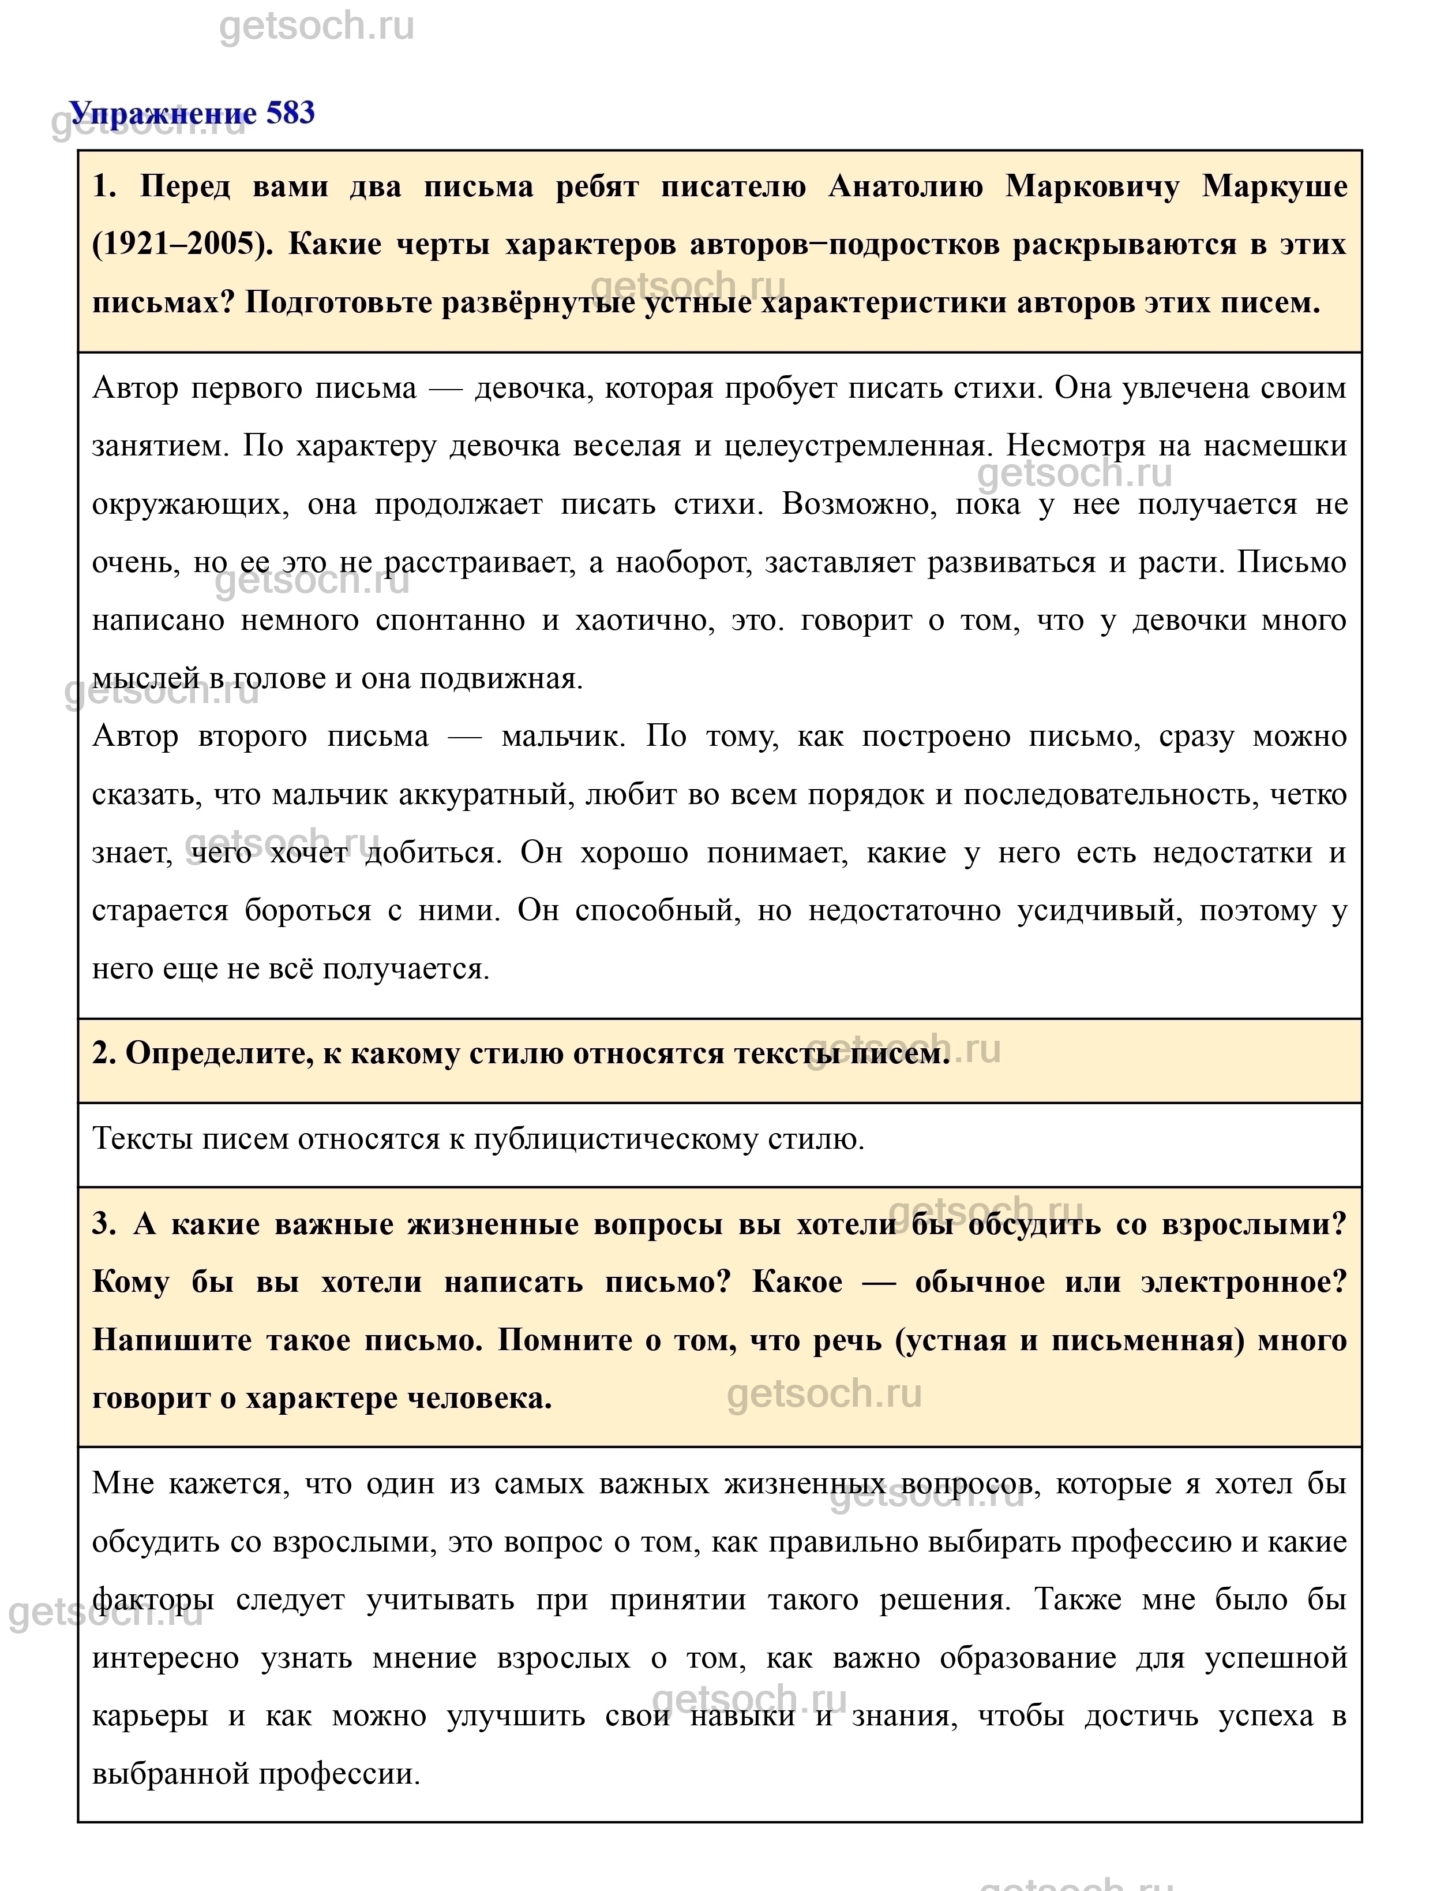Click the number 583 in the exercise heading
click(291, 112)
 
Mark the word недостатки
click(1232, 853)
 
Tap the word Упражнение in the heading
click(162, 112)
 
